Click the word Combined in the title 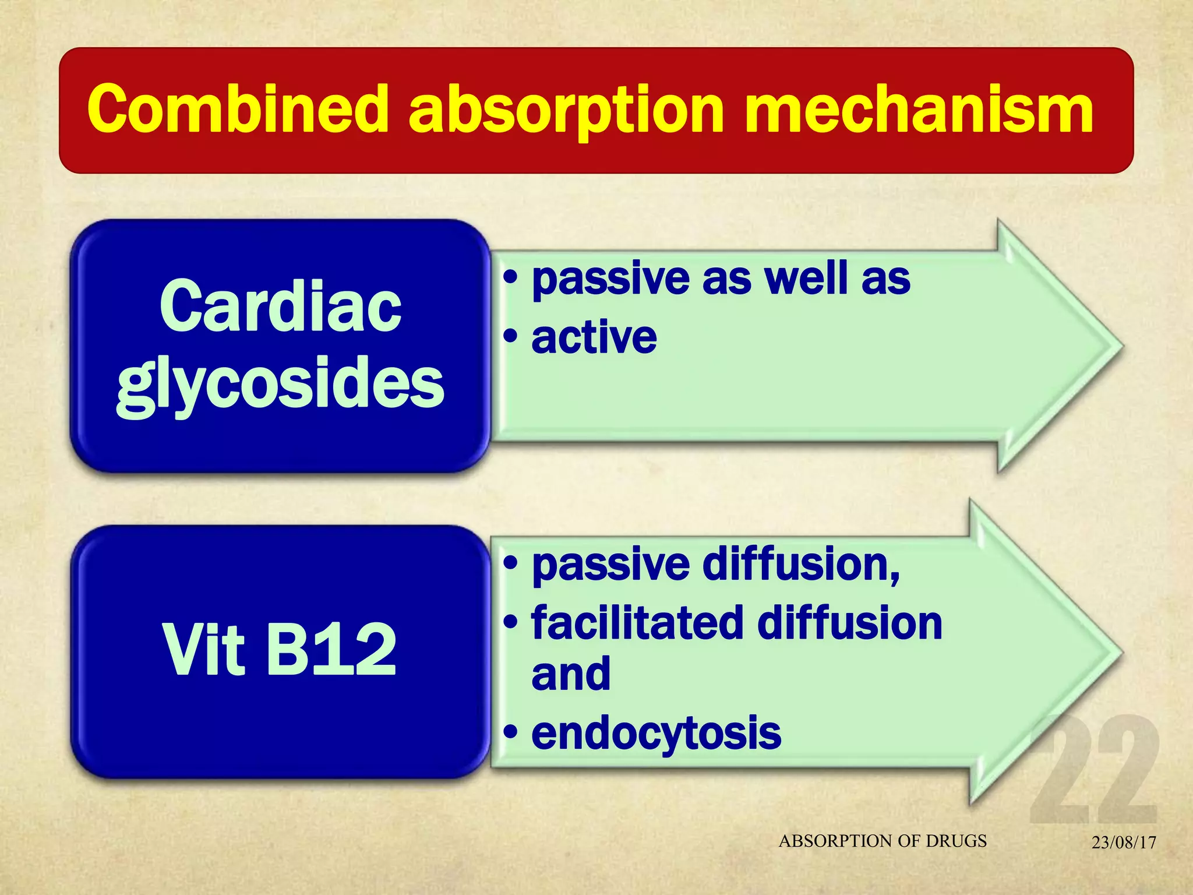238,110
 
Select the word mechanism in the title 919,110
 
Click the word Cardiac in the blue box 280,306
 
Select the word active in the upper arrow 594,337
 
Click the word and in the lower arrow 571,674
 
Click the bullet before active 510,336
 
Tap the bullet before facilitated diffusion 510,622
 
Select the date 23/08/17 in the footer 1124,843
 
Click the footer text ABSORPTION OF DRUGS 883,841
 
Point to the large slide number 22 1094,769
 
